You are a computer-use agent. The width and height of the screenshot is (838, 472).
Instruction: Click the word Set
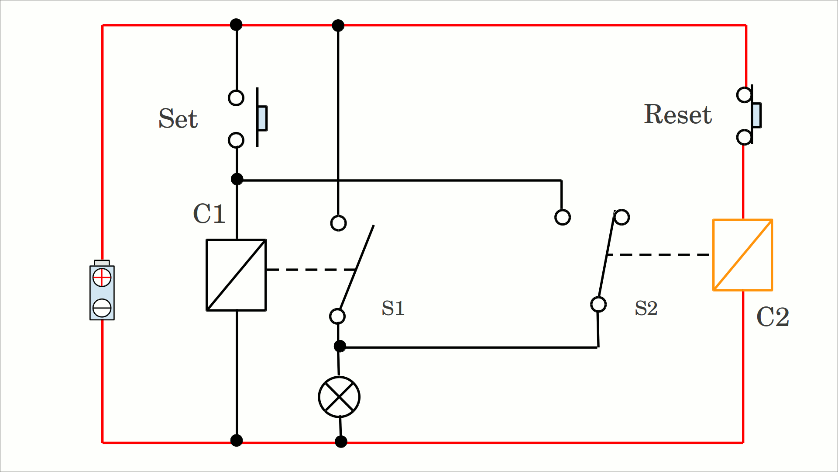178,118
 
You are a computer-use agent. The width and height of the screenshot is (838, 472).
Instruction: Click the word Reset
678,115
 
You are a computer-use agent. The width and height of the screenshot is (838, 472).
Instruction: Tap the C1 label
209,214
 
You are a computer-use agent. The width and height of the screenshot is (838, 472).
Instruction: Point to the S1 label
393,308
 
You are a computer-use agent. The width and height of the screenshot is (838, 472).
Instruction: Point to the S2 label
646,308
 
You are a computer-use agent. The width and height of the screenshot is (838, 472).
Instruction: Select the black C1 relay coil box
236,275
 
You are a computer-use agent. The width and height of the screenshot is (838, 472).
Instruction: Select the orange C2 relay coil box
742,255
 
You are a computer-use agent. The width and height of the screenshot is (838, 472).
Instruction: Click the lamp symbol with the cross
339,397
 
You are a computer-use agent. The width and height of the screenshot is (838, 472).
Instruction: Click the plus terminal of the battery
102,278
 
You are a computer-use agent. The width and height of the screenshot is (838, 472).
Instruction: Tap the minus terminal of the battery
102,308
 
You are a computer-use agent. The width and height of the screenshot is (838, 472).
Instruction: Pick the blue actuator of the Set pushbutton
262,118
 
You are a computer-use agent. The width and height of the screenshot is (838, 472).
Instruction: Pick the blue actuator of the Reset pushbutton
756,115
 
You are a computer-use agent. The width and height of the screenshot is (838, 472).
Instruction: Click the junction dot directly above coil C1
237,179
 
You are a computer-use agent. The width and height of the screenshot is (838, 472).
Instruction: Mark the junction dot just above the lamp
340,347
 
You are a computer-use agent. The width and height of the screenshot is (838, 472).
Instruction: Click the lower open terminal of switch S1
337,316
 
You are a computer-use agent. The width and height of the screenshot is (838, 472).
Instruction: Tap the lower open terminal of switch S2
598,304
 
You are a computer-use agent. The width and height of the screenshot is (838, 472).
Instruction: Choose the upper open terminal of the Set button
236,98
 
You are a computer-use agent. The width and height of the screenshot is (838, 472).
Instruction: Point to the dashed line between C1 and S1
311,270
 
